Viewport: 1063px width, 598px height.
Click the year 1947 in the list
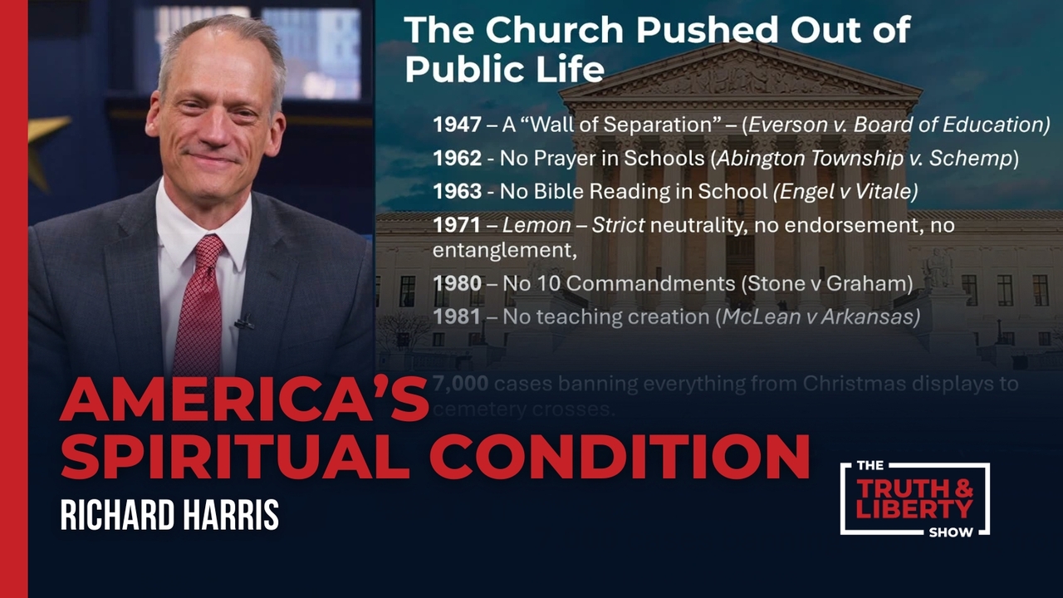point(457,125)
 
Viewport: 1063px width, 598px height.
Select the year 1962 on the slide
point(457,159)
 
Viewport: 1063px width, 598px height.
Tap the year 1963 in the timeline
point(457,192)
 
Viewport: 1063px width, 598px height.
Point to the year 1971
point(457,225)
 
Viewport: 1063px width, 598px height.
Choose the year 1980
point(457,284)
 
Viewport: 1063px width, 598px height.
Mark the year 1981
point(457,316)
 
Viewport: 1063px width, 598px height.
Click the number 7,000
point(461,384)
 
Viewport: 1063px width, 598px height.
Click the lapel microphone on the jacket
point(243,321)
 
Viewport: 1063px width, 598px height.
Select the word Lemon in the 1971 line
point(537,225)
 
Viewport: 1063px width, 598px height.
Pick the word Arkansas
point(876,316)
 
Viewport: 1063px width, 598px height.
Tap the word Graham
point(872,284)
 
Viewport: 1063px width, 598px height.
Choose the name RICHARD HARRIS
point(169,515)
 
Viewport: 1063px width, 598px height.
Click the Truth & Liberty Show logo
point(914,498)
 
